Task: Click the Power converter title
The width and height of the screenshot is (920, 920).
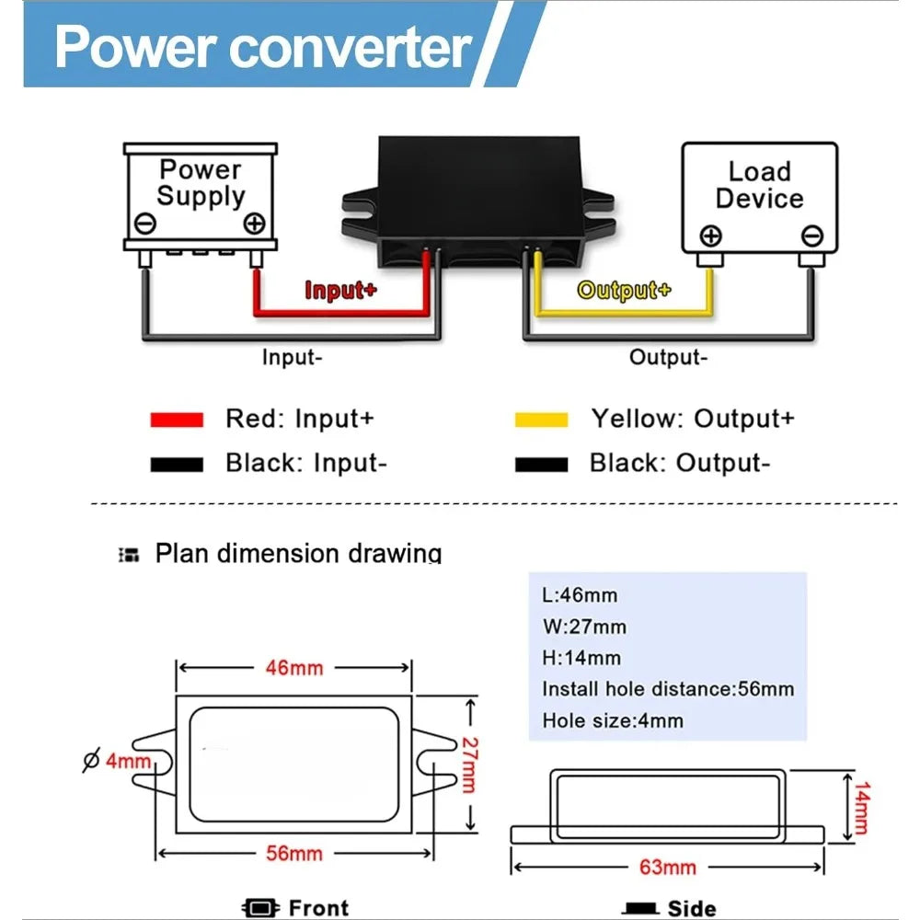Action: click(263, 47)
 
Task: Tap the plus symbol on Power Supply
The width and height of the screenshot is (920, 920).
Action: click(254, 223)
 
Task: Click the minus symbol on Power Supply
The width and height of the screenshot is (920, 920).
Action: click(145, 223)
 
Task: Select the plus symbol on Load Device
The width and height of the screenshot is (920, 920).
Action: click(710, 236)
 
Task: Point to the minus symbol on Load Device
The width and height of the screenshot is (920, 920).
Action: click(812, 236)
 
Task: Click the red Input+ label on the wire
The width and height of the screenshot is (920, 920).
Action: click(340, 291)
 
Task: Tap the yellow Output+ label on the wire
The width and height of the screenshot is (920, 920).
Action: click(624, 291)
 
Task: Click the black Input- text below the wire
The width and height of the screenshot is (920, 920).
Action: click(293, 357)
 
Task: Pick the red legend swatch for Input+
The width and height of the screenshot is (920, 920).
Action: click(177, 420)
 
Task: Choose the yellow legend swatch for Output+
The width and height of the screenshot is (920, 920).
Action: click(541, 420)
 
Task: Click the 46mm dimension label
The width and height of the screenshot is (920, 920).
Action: click(294, 668)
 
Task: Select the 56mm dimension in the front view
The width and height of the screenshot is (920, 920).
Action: click(294, 853)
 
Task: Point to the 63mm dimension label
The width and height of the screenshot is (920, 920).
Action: click(668, 868)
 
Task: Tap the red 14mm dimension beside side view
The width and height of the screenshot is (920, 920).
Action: click(862, 808)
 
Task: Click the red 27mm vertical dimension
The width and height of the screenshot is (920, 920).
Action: click(470, 765)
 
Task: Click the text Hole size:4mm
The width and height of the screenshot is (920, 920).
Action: click(613, 720)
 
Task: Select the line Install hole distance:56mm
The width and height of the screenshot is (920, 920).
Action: click(668, 689)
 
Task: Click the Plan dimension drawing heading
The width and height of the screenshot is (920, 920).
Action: click(298, 553)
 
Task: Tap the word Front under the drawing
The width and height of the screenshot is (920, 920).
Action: click(318, 908)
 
